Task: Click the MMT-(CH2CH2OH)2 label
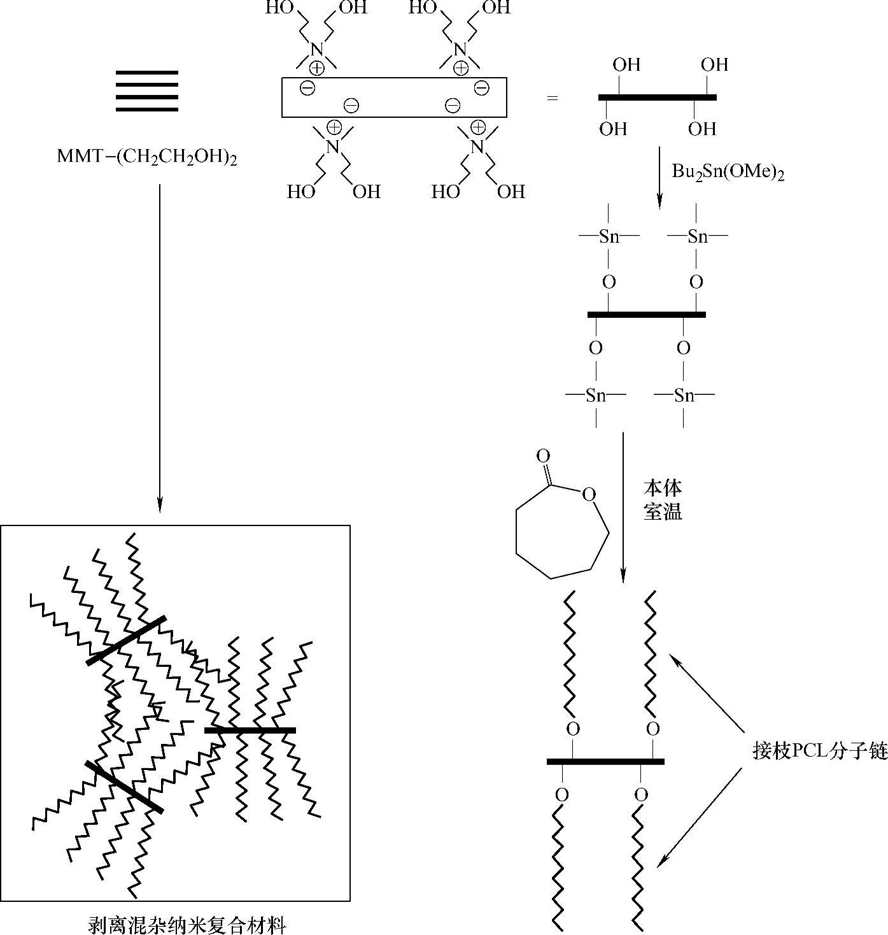(x=147, y=157)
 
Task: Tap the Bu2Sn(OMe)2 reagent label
(x=728, y=172)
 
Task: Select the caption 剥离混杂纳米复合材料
(x=187, y=924)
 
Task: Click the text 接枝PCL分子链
(x=819, y=752)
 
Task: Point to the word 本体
(x=663, y=489)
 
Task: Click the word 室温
(x=663, y=511)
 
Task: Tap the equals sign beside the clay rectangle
(x=552, y=98)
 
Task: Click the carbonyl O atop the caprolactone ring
(x=543, y=456)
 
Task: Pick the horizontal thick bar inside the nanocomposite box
(x=250, y=730)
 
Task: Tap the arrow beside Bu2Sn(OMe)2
(x=659, y=178)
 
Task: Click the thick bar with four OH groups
(x=658, y=97)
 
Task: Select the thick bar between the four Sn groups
(x=646, y=314)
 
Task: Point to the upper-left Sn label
(x=609, y=237)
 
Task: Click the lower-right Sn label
(x=684, y=396)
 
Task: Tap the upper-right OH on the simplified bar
(x=714, y=65)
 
